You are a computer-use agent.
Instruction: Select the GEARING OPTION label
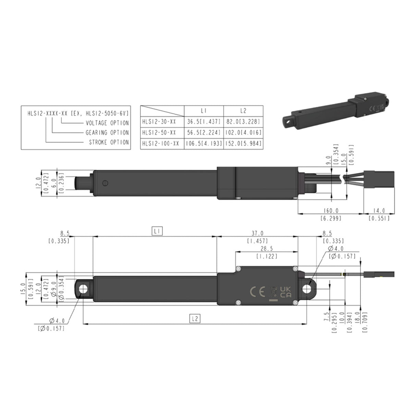pos(107,132)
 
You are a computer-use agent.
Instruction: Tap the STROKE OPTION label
pos(109,142)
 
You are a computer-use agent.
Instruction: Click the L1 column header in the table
pos(204,111)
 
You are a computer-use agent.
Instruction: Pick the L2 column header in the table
pos(243,111)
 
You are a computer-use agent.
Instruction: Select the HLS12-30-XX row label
pos(159,121)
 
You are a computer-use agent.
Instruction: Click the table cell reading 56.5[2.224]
pos(204,132)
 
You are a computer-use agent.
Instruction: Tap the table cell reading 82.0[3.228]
pos(243,121)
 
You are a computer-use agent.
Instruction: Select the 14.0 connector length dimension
pos(379,210)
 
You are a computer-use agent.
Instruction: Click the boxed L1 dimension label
pos(157,232)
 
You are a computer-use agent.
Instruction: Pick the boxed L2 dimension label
pos(195,319)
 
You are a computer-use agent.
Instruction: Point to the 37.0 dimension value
pos(257,233)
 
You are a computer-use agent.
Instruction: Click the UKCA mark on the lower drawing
pos(285,292)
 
